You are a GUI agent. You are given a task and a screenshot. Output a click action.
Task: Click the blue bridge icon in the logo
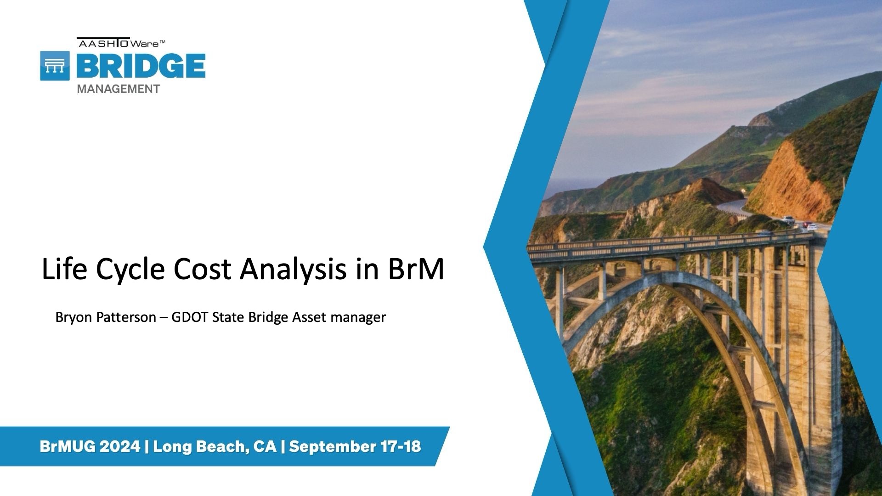point(55,66)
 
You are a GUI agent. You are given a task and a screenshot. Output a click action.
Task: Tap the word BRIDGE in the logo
point(141,66)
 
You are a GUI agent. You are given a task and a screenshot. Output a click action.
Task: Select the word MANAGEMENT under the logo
point(119,89)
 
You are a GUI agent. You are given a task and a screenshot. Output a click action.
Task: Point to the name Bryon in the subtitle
point(72,318)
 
